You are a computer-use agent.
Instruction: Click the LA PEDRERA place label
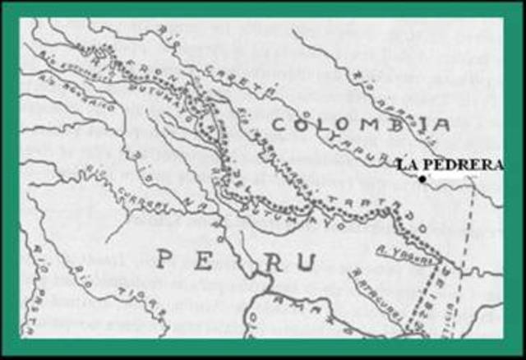(449, 164)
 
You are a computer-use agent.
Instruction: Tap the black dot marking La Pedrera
(422, 178)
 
